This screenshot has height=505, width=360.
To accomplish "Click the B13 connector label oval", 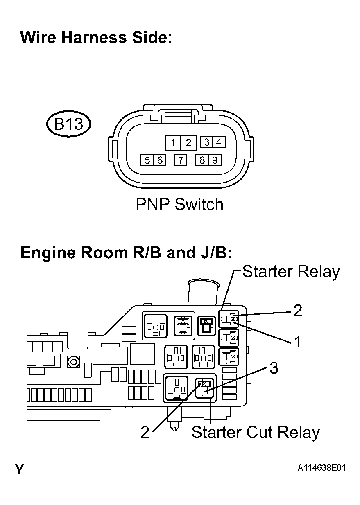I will point(68,124).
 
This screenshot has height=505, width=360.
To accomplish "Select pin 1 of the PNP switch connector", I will point(173,142).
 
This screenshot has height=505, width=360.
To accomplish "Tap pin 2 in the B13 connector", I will point(188,142).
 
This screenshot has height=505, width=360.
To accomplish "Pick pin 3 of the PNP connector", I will point(207,142).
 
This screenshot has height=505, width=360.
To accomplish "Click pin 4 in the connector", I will point(219,142).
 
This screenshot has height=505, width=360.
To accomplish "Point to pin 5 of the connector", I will point(147,160).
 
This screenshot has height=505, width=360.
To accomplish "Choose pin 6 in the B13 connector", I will point(159,160).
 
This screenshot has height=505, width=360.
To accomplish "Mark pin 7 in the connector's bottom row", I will point(181,160).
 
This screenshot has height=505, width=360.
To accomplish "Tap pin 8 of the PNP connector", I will point(202,160).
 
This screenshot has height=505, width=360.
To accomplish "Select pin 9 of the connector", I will point(215,160).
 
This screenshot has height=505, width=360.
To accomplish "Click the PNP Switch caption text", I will point(179,204).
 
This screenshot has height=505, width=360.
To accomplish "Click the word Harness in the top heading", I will point(93,38).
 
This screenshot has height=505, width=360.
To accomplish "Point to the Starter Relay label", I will point(291,272).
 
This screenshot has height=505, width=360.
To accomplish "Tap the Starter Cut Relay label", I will point(255,432).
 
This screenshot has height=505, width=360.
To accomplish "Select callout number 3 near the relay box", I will point(274,368).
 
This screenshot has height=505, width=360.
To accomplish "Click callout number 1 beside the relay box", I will point(298,342).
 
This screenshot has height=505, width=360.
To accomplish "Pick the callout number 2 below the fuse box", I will point(145,433).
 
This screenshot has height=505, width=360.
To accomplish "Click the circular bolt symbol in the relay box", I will point(74,361).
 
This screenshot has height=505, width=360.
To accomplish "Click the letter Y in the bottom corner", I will point(19,469).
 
